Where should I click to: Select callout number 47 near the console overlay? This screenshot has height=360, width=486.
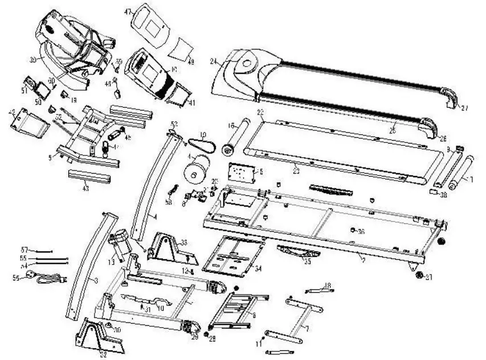[128, 11]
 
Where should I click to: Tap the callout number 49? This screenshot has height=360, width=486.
[191, 62]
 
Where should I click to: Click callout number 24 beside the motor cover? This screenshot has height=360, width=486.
[213, 60]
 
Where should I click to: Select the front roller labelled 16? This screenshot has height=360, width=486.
[235, 137]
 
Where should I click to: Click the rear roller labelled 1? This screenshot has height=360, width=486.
[460, 174]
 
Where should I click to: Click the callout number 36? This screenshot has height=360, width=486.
[361, 231]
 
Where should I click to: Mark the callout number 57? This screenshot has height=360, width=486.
[24, 250]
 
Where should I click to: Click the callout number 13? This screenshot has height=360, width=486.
[111, 261]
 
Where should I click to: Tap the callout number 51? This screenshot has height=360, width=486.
[24, 90]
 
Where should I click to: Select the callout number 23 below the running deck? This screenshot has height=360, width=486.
[296, 170]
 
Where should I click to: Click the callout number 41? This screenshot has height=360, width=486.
[191, 103]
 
